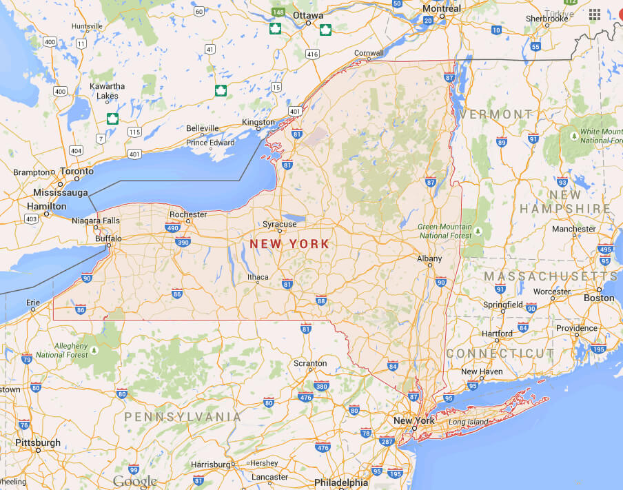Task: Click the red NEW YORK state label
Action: tap(289, 244)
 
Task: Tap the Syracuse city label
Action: tap(280, 224)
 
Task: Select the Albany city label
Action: tap(429, 258)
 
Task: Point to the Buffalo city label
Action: tap(108, 238)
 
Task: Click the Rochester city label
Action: tap(188, 214)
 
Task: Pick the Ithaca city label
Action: tap(258, 278)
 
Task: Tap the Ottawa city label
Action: tap(307, 14)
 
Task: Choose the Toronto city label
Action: tap(76, 171)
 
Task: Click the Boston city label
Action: tap(598, 298)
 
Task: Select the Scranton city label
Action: tap(310, 363)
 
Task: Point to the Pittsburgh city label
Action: tap(37, 442)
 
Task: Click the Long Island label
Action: tap(468, 422)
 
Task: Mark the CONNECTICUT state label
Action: tap(500, 353)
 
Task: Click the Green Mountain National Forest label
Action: tap(445, 231)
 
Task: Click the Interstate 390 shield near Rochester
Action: tap(183, 242)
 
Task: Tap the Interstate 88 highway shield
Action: tap(321, 300)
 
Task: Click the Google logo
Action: tap(134, 482)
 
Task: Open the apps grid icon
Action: tap(595, 14)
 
